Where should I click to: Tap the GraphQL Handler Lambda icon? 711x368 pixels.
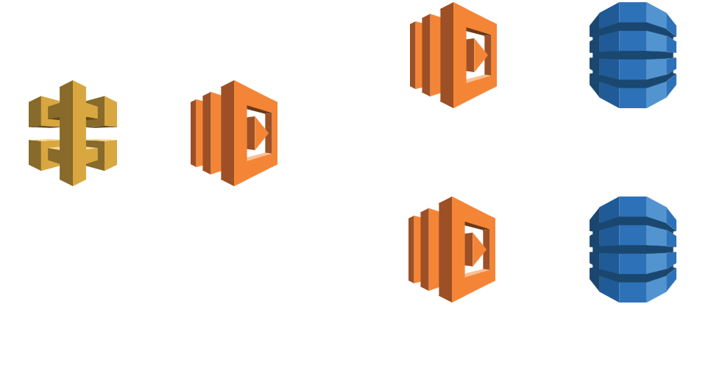tap(234, 134)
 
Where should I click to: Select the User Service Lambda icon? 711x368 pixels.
tap(453, 55)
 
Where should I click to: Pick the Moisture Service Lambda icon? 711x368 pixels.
tap(453, 250)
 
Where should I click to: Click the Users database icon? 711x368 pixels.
tap(633, 55)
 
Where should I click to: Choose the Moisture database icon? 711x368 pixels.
tap(633, 250)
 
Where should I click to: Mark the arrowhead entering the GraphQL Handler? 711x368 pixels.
tap(185, 134)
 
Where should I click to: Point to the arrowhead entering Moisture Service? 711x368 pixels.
tap(403, 250)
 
